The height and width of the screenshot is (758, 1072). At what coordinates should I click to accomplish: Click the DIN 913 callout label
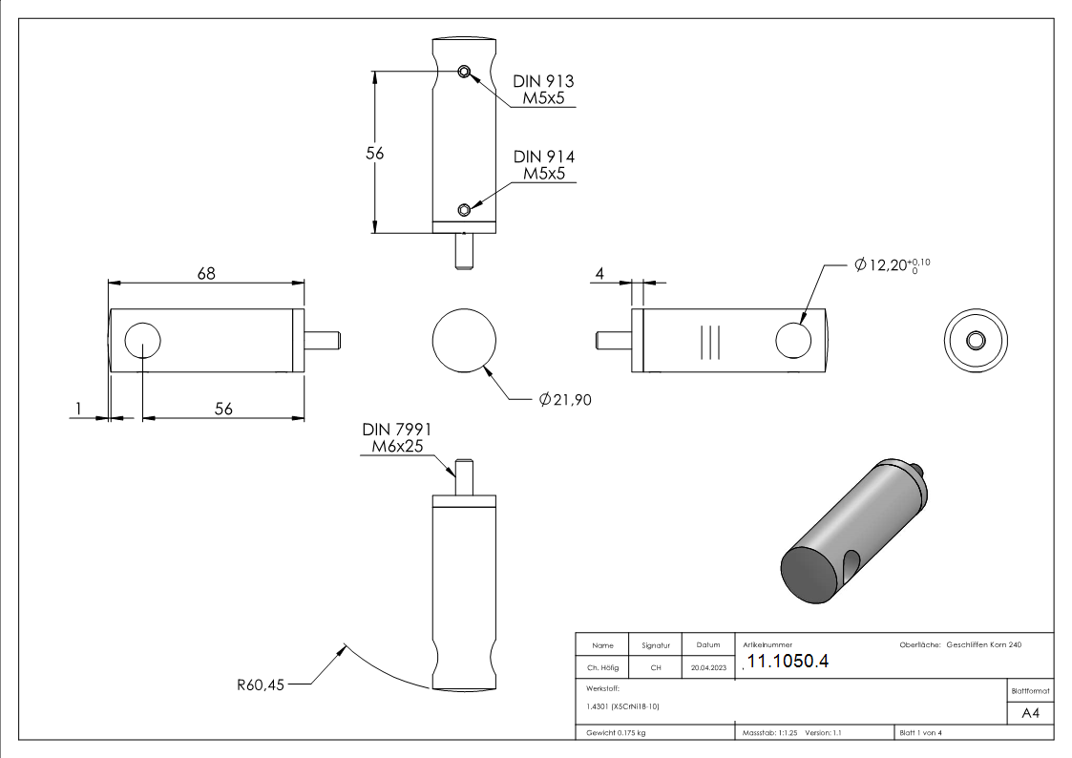[543, 90]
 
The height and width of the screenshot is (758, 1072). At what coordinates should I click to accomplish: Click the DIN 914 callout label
[543, 165]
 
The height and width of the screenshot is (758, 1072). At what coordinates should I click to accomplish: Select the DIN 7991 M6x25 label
[396, 438]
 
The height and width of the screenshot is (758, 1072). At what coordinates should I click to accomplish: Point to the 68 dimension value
[206, 273]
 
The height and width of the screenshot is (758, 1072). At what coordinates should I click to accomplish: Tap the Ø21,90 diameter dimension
[565, 400]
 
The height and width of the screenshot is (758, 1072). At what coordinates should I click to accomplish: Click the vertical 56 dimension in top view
[375, 152]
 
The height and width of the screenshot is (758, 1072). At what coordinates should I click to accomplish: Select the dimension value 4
[599, 274]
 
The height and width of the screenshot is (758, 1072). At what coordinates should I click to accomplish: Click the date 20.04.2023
[708, 668]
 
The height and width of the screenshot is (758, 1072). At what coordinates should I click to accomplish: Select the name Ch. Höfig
[602, 668]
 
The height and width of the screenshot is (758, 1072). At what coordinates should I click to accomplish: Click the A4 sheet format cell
[1030, 713]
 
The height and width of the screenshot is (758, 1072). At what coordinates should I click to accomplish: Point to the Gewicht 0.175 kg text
[617, 733]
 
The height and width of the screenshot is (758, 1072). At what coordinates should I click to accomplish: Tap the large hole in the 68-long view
[142, 341]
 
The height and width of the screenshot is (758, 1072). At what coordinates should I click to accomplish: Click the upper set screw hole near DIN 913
[463, 72]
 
